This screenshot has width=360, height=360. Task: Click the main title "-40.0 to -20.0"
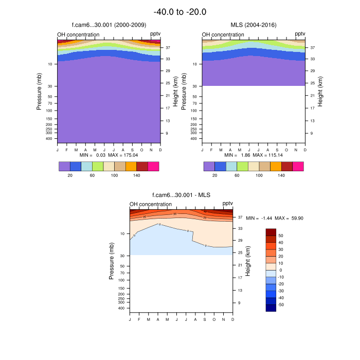click(x=180, y=12)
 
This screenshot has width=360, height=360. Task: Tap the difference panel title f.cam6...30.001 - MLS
click(x=181, y=195)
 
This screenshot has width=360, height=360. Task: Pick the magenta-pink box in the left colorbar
click(x=154, y=166)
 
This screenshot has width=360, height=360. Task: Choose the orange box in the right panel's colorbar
click(x=276, y=166)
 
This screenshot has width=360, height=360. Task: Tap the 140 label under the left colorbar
click(x=137, y=175)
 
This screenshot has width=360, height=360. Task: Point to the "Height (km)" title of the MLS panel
click(x=320, y=92)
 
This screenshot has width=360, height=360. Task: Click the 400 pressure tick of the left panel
click(x=50, y=138)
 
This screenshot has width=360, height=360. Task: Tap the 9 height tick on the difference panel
click(x=239, y=303)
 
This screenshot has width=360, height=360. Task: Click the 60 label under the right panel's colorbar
click(x=237, y=175)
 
